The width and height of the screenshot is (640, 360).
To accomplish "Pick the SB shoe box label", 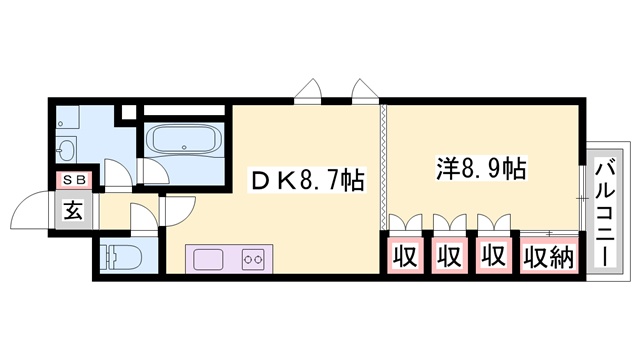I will (76, 180).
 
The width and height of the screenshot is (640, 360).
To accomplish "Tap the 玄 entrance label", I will (75, 211).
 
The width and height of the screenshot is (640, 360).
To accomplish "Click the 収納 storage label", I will (547, 256).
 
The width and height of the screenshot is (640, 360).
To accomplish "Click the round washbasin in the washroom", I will (67, 150).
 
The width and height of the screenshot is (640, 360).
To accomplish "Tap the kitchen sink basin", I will (210, 259).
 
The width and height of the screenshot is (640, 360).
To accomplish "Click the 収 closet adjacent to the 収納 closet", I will (492, 256).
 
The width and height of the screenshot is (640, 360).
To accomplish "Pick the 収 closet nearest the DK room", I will (404, 256).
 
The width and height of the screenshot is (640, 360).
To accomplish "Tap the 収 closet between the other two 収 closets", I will (448, 256).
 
